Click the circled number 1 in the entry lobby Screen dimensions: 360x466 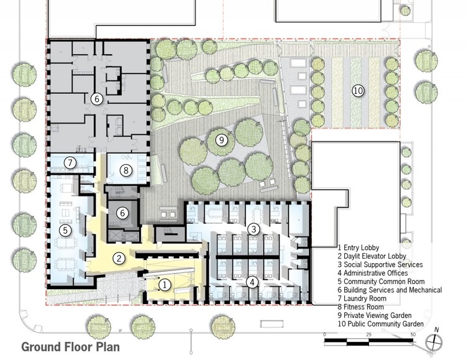pyautogui.click(x=165, y=284)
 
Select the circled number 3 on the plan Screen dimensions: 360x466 pyautogui.click(x=254, y=229)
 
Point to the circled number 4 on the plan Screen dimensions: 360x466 pyautogui.click(x=252, y=282)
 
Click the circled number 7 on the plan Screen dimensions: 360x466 pyautogui.click(x=70, y=164)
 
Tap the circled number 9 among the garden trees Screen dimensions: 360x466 pyautogui.click(x=220, y=140)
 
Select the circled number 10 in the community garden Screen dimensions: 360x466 pyautogui.click(x=357, y=91)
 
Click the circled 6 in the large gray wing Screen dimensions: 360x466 pyautogui.click(x=96, y=98)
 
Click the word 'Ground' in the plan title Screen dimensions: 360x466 pyautogui.click(x=43, y=346)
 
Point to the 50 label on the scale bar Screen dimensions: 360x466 pyautogui.click(x=413, y=335)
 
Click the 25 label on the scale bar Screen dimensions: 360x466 pyautogui.click(x=369, y=335)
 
